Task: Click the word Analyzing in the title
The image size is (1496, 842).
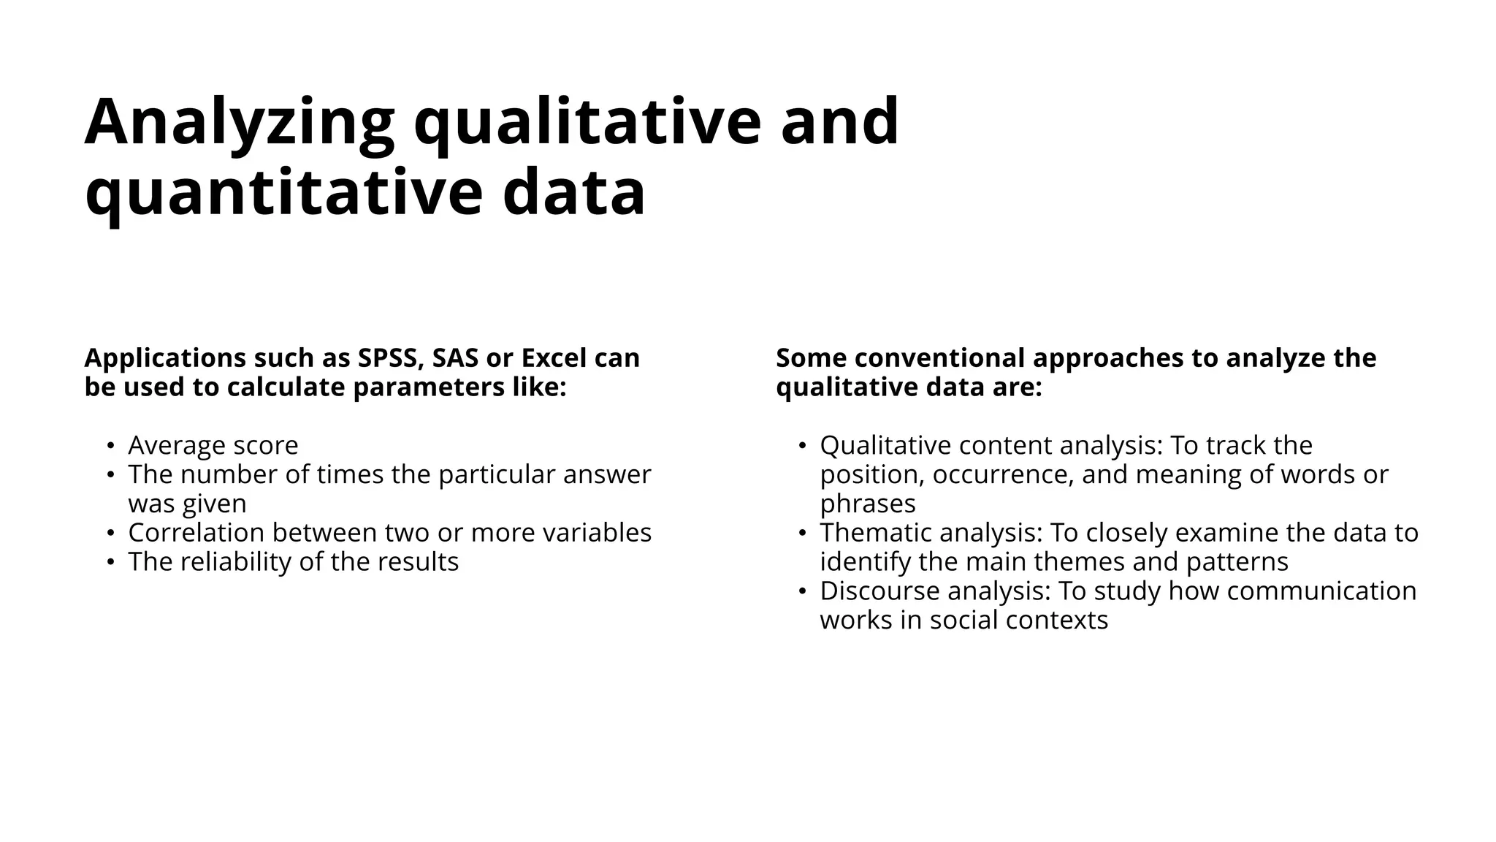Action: click(240, 123)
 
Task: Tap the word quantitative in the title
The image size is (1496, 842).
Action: click(283, 193)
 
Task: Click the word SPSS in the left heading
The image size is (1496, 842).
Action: click(391, 358)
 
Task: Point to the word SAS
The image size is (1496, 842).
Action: click(457, 358)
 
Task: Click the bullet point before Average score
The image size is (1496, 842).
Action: click(110, 446)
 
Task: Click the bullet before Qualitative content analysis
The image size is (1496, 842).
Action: click(802, 446)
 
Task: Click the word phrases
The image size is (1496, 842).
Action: click(867, 504)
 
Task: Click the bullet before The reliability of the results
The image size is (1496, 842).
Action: click(110, 562)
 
